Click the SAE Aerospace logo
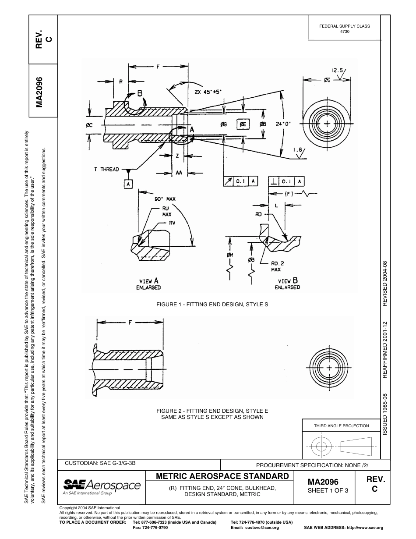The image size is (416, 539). pyautogui.click(x=102, y=486)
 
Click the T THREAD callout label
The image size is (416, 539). pyautogui.click(x=106, y=170)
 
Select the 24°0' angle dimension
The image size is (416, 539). pyautogui.click(x=283, y=124)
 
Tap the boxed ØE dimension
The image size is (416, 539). pyautogui.click(x=243, y=124)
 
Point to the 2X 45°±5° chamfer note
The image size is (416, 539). pyautogui.click(x=208, y=92)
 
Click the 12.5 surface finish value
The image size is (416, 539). pyautogui.click(x=338, y=70)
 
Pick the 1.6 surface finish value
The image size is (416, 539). pyautogui.click(x=299, y=150)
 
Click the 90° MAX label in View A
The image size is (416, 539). pyautogui.click(x=165, y=199)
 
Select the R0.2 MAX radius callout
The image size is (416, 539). pyautogui.click(x=276, y=266)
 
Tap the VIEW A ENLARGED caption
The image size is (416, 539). pyautogui.click(x=150, y=284)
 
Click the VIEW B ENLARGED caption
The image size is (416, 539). pyautogui.click(x=287, y=284)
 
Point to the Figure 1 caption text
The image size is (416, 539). pyautogui.click(x=212, y=304)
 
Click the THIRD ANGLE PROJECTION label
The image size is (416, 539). pyautogui.click(x=341, y=426)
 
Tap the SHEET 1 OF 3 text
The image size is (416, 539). pyautogui.click(x=328, y=490)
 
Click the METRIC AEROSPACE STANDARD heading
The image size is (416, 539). pyautogui.click(x=222, y=476)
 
